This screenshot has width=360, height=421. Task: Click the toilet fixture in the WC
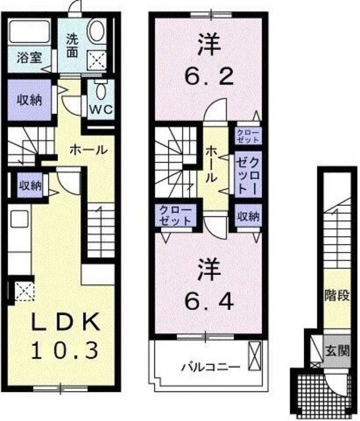pos(100,89)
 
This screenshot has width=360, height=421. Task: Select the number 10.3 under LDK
pos(64,349)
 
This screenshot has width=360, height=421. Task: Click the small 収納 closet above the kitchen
pos(30,186)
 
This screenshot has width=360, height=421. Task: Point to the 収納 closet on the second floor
pos(248,216)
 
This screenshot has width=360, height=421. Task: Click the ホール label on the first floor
pos(89,150)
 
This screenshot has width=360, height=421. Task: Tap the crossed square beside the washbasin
pos(97,61)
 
